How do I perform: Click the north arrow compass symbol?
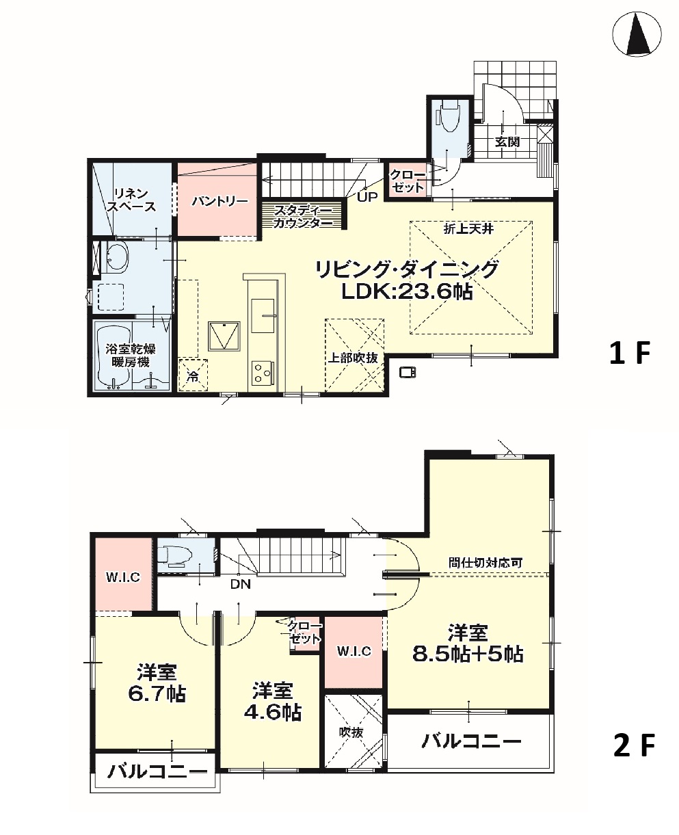pos(637,34)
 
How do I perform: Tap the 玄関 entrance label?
pos(507,142)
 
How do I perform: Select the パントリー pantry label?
pos(219,202)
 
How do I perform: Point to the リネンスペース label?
pos(131,200)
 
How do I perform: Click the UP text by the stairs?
pos(367,197)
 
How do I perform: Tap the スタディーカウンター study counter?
pos(302,216)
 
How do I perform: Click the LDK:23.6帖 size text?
pos(407,291)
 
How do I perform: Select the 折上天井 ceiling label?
pos(468,228)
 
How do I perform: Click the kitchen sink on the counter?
pos(263,315)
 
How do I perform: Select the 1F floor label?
pos(630,353)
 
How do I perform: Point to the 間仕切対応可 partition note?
pos(485,563)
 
